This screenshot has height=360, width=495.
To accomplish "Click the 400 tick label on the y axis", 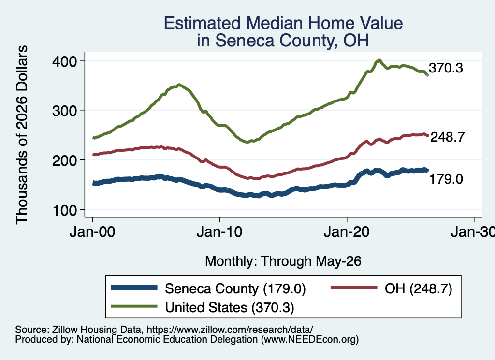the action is coord(64,61).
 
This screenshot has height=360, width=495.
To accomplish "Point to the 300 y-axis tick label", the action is coord(64,111).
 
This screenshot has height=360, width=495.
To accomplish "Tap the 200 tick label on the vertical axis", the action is coord(64,160).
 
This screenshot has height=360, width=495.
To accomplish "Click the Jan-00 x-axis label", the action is coord(92,232).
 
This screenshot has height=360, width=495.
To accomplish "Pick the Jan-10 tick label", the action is coord(219,232).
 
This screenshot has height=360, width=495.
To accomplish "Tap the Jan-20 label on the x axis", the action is coord(347,232).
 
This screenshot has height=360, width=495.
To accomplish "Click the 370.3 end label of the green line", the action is coord(446,68).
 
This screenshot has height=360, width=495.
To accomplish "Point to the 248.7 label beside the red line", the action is coord(448,137).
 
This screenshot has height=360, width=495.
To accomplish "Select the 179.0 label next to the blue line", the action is coord(446,179).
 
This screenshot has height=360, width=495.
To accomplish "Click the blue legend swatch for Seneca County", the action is coord(134,288).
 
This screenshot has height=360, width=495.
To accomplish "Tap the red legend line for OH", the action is coord(353,288).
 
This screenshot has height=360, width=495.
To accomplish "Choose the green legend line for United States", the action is coord(134,306).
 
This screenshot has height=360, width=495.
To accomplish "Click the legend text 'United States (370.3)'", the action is coord(230,308).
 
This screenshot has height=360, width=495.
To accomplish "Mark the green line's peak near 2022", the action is coord(379,60).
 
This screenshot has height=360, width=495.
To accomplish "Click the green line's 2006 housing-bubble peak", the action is coord(179,85).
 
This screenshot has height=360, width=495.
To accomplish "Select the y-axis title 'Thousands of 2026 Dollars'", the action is coord(22,135).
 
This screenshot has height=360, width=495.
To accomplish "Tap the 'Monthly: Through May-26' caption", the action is coord(283,261).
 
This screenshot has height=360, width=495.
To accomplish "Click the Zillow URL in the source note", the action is coord(230,330).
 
